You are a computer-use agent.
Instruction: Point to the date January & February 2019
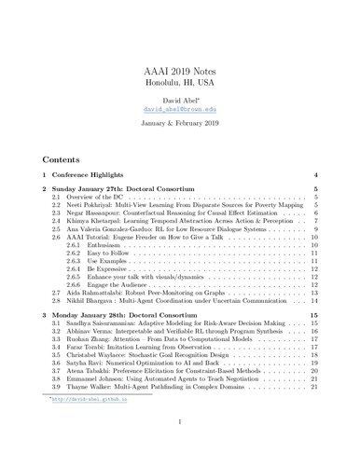pos(180,121)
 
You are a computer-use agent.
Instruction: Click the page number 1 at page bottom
pos(180,457)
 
